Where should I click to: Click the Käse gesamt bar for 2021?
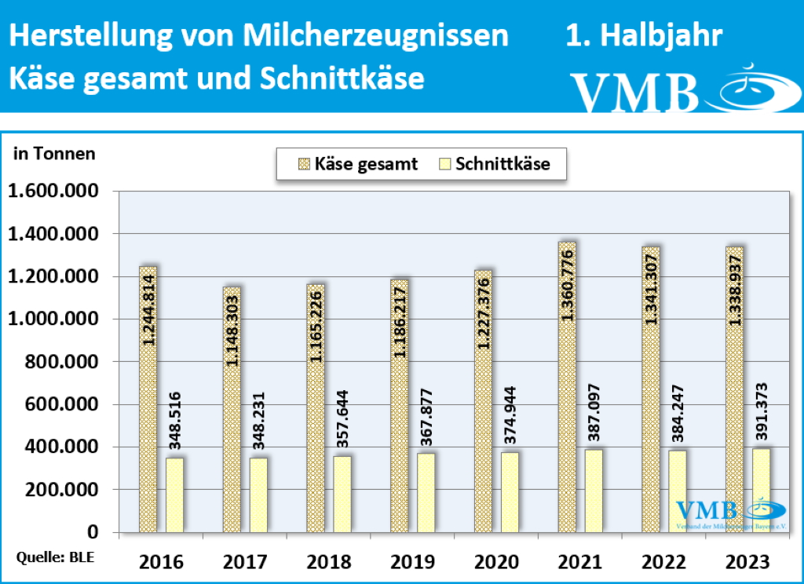567,388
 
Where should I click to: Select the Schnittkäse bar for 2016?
174,495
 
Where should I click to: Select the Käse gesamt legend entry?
357,164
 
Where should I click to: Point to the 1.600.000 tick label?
53,192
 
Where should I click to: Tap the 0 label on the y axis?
93,532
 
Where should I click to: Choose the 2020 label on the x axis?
497,562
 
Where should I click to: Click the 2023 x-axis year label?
748,562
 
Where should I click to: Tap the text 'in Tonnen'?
54,154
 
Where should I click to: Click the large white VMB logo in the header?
634,92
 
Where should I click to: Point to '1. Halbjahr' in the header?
644,36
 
